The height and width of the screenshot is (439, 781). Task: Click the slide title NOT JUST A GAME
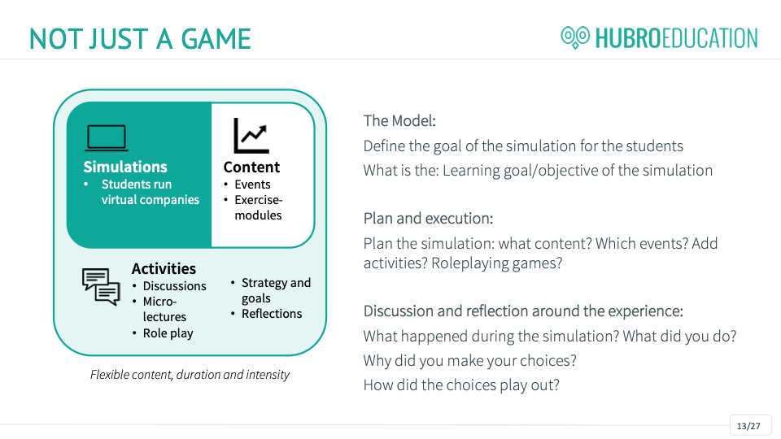[x=140, y=39]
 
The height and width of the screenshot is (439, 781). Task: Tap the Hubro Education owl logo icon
[x=575, y=37]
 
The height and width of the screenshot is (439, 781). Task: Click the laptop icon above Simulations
[x=106, y=137]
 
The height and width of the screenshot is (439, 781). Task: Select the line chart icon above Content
[x=251, y=136]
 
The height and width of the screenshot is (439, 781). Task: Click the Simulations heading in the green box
[x=125, y=167]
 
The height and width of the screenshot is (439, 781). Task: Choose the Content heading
[x=251, y=167]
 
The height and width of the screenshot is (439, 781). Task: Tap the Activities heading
[x=164, y=269]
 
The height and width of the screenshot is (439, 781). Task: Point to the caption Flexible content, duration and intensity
[x=190, y=375]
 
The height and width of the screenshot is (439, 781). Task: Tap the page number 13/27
[x=748, y=426]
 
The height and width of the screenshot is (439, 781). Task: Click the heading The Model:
[x=399, y=121]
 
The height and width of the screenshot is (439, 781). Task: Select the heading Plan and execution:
[x=429, y=219]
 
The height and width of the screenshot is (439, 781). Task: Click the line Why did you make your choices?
[x=469, y=360]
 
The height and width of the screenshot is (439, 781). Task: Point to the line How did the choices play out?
[x=461, y=385]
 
